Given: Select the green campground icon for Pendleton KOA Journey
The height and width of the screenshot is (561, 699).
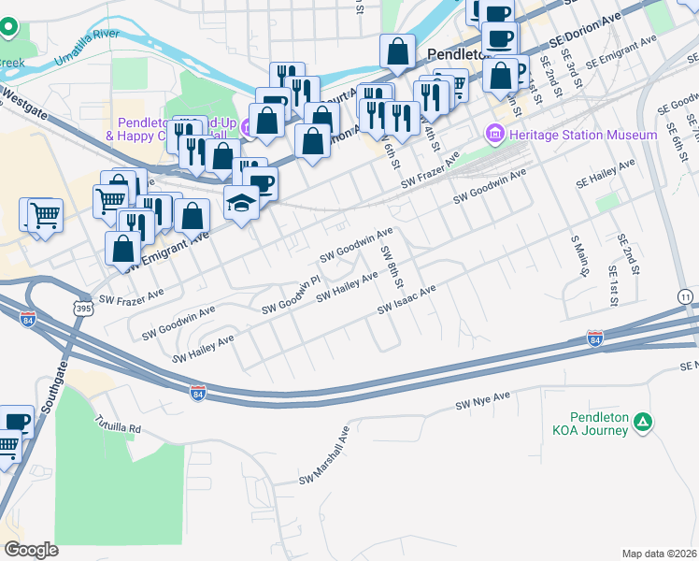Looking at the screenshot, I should click(643, 423).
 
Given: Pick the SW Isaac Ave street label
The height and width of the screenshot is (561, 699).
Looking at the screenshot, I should click(407, 301).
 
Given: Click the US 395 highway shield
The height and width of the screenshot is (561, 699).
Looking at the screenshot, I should click(84, 308).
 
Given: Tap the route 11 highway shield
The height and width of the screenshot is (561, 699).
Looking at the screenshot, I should click(687, 295).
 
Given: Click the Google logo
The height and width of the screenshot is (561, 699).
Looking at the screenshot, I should click(31, 550).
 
